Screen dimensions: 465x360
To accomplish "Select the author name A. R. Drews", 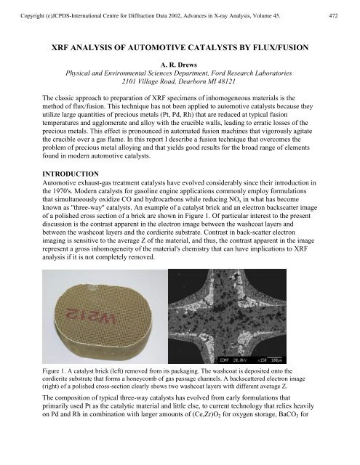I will coord(180,64).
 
